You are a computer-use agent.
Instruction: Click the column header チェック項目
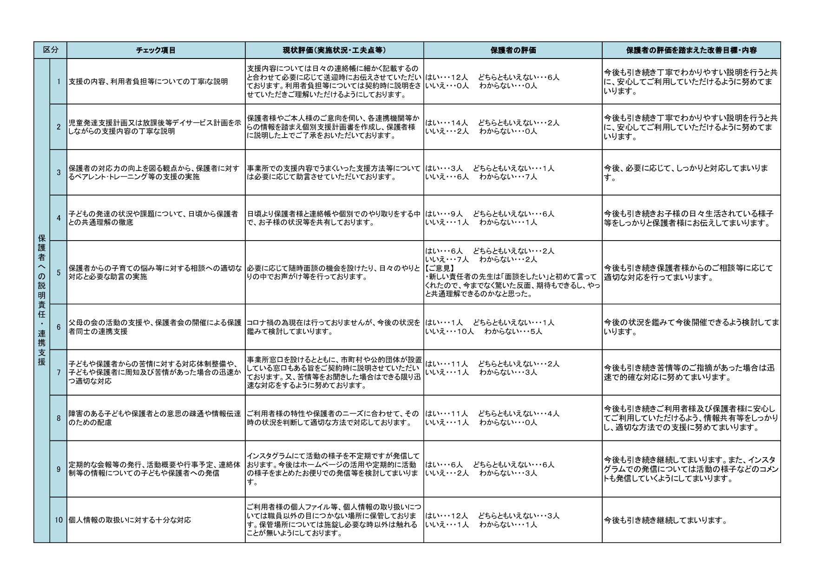[156, 50]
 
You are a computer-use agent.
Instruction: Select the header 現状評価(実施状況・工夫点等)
[334, 50]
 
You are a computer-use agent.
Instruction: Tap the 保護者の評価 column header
[513, 50]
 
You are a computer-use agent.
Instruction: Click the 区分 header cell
[50, 50]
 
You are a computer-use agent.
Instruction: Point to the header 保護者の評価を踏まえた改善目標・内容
[691, 50]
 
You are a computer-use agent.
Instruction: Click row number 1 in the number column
[59, 82]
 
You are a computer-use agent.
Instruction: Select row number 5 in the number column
[59, 273]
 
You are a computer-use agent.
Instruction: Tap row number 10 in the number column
[58, 520]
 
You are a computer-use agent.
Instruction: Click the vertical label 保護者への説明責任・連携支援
[42, 300]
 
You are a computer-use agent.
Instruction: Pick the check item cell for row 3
[156, 172]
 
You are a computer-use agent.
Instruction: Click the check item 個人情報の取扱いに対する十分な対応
[130, 520]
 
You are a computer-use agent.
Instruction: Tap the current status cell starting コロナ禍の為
[334, 327]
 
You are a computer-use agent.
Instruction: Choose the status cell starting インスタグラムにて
[334, 469]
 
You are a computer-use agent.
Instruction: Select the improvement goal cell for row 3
[691, 172]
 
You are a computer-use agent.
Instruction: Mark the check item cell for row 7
[156, 373]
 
